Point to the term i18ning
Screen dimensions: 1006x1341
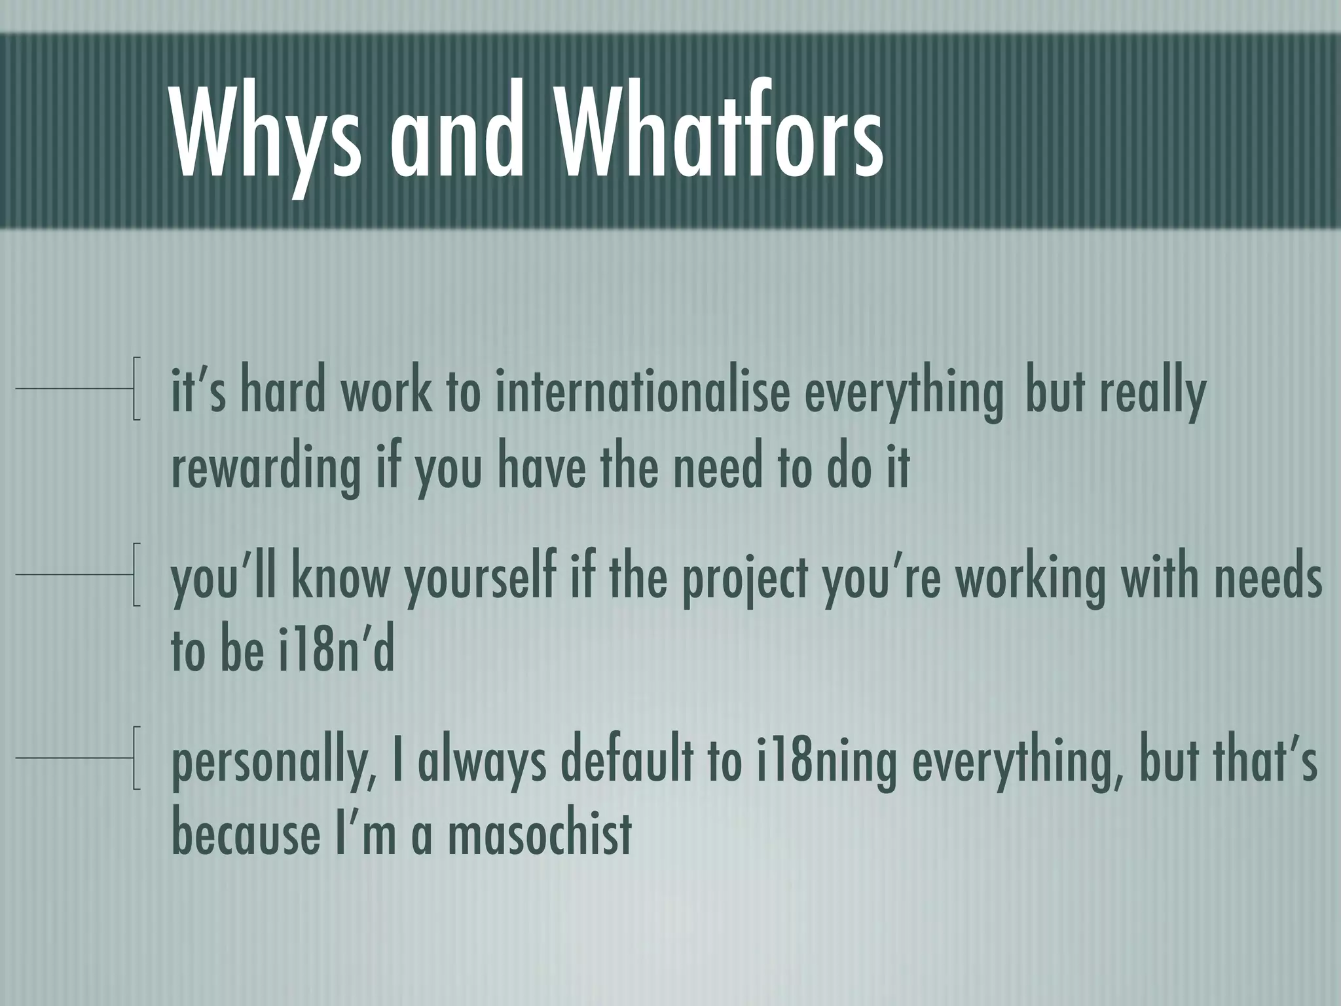[825, 763]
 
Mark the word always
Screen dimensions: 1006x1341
[481, 763]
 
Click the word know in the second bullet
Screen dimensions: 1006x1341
[340, 580]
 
